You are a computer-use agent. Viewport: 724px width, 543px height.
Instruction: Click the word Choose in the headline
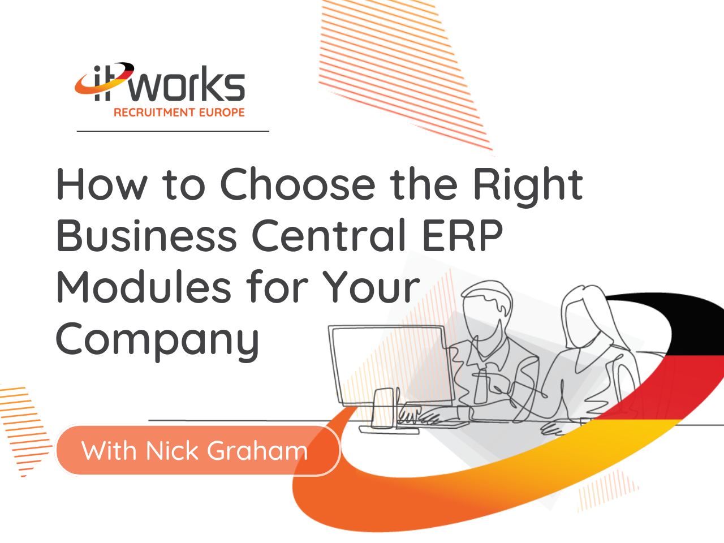click(x=298, y=184)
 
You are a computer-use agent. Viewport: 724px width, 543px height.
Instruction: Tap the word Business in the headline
click(x=146, y=235)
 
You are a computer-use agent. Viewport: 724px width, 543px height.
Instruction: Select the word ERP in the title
click(x=463, y=235)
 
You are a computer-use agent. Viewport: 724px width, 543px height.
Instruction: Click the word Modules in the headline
click(x=144, y=286)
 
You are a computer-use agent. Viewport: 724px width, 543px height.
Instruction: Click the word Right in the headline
click(x=528, y=187)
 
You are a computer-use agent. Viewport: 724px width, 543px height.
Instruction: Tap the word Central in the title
click(x=329, y=235)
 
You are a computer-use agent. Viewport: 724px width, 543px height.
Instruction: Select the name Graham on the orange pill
click(x=257, y=451)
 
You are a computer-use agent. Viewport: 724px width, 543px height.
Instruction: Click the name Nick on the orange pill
click(x=171, y=451)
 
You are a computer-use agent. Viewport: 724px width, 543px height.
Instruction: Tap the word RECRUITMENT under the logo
click(x=154, y=113)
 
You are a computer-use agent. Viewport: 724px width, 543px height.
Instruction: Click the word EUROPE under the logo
click(x=222, y=113)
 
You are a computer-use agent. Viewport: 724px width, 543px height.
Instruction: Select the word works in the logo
click(x=187, y=83)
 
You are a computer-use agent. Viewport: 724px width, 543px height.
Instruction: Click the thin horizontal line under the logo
click(x=173, y=131)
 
